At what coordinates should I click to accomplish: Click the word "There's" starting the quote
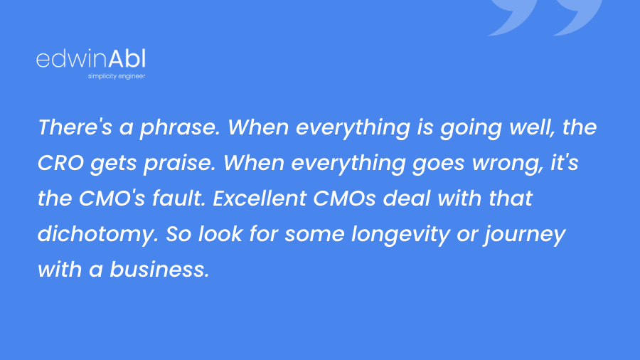point(75,127)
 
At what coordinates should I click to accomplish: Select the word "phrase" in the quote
point(178,128)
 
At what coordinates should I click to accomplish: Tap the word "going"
point(471,128)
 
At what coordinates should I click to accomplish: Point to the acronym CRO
point(60,162)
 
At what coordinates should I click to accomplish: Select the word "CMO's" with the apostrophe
point(112,198)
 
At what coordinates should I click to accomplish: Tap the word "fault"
point(177,198)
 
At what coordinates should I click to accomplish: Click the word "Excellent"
point(260,198)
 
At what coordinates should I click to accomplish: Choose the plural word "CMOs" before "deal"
point(344,198)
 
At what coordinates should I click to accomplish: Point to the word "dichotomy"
point(97,235)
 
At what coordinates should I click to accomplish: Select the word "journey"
point(525,235)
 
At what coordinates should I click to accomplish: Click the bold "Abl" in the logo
point(127,59)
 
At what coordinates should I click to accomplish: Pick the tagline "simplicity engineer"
point(117,76)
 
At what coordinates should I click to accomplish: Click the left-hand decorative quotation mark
point(512,16)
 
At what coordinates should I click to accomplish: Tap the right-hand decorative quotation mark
point(577,16)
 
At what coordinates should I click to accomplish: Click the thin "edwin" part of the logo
point(72,59)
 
